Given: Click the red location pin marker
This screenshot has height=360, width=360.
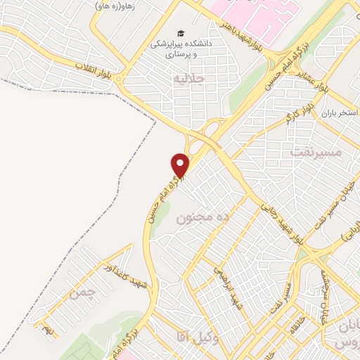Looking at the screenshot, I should coord(181,165).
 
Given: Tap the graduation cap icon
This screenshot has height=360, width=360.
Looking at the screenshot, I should coord(181,34).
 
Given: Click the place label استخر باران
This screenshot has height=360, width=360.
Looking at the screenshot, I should coord(335,112).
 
